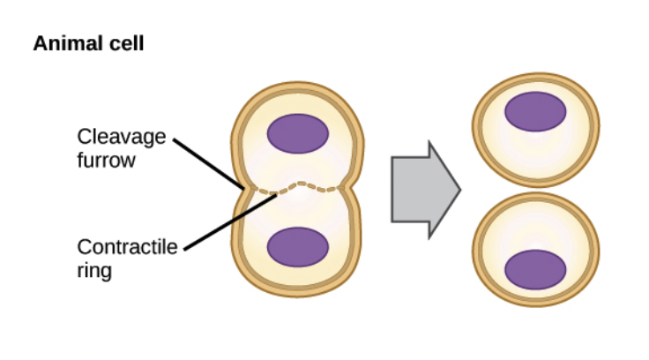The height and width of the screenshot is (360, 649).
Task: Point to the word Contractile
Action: click(127, 247)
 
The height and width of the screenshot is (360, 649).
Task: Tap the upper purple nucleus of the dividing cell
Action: click(298, 133)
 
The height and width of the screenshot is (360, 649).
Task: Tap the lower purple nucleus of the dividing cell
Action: click(298, 246)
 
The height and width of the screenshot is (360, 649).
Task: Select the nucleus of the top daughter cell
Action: click(535, 110)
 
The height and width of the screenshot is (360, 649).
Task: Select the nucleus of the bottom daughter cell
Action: click(535, 269)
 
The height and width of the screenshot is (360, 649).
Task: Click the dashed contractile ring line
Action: click(299, 186)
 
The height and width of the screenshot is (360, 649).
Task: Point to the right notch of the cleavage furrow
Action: click(352, 187)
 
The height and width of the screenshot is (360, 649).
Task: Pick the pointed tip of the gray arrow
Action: click(459, 189)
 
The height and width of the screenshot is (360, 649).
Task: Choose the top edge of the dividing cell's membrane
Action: click(297, 87)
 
